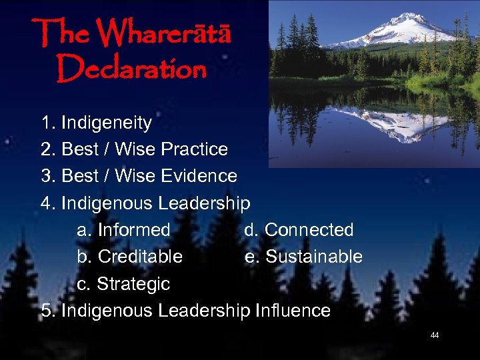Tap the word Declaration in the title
131,67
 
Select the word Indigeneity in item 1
106,123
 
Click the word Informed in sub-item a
133,230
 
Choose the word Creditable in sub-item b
139,257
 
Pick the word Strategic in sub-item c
133,284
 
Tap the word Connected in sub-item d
309,230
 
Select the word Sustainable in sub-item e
313,257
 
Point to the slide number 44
435,335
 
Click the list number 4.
46,203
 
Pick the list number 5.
46,311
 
